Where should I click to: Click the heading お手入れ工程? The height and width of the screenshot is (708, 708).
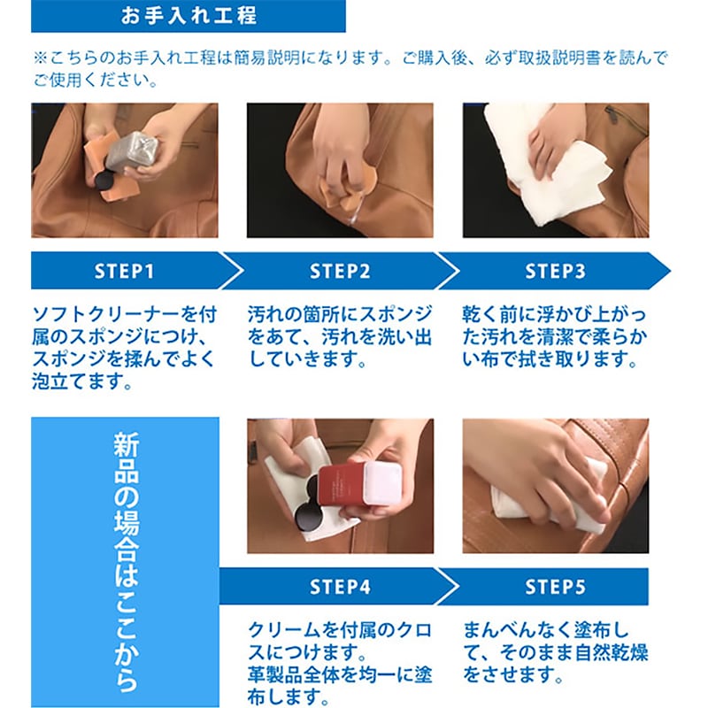pos(189,16)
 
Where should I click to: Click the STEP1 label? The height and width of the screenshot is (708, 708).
pos(124,271)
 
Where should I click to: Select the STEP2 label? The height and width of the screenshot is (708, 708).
pos(340,271)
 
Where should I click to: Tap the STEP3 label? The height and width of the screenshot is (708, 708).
pos(555,271)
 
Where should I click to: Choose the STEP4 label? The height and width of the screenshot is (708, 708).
pos(340,587)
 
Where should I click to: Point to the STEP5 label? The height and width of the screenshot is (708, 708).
pos(555,587)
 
